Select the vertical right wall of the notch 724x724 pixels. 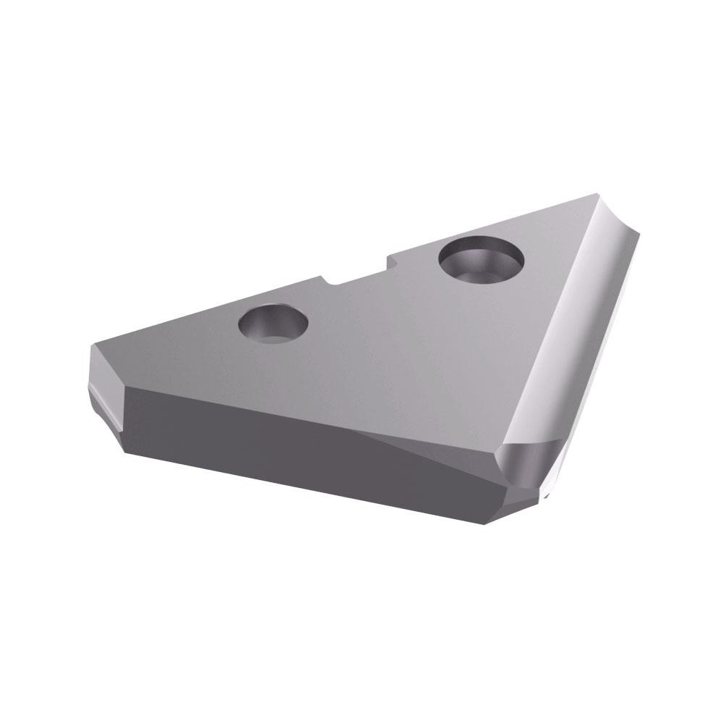(x=391, y=261)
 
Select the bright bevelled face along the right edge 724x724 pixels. (x=572, y=326)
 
